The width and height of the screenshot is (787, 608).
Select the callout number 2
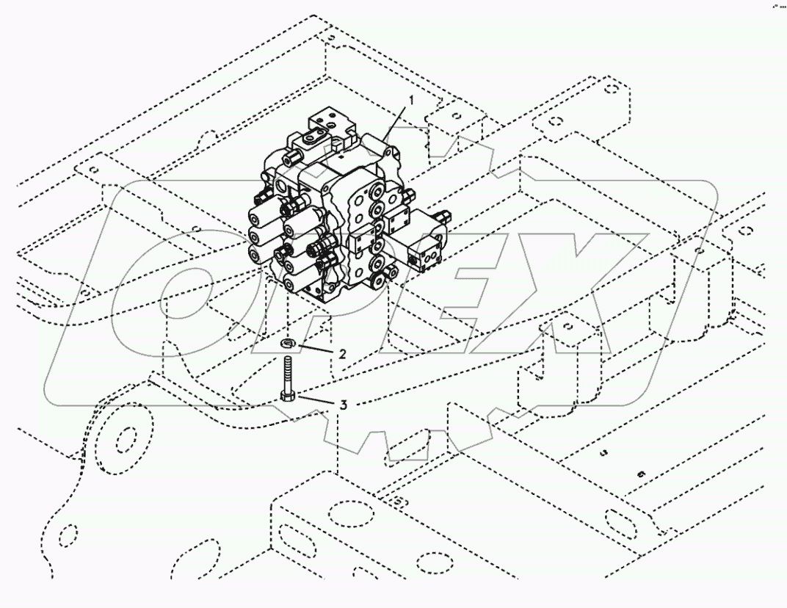[341, 353]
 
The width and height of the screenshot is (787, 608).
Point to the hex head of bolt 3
[287, 397]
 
